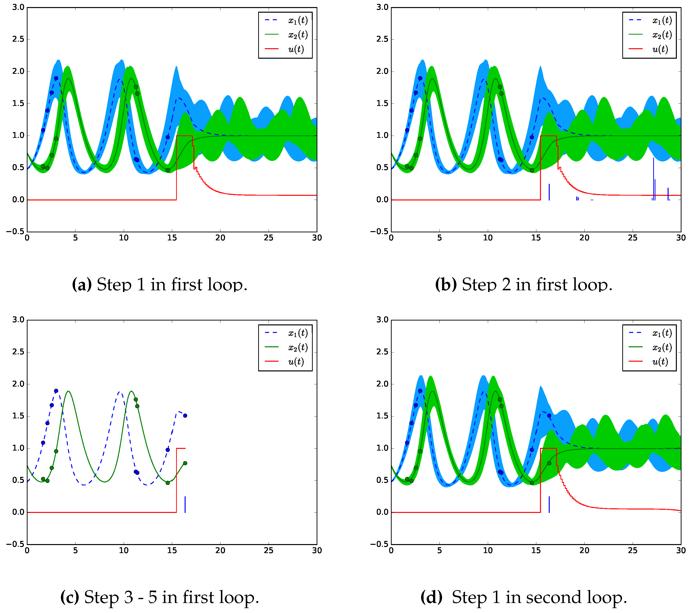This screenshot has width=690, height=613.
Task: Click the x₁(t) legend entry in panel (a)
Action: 297,20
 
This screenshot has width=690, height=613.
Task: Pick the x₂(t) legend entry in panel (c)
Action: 297,347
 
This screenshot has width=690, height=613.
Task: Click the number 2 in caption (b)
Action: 506,284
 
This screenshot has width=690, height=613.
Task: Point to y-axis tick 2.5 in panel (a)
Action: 18,39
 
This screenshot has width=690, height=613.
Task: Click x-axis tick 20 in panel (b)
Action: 584,238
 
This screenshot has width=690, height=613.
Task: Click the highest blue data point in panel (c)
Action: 56,391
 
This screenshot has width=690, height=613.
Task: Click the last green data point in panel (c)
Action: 185,463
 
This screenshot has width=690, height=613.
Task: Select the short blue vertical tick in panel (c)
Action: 185,504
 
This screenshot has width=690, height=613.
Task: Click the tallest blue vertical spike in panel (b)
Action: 653,179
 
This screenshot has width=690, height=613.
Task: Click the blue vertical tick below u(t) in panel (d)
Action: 549,504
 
